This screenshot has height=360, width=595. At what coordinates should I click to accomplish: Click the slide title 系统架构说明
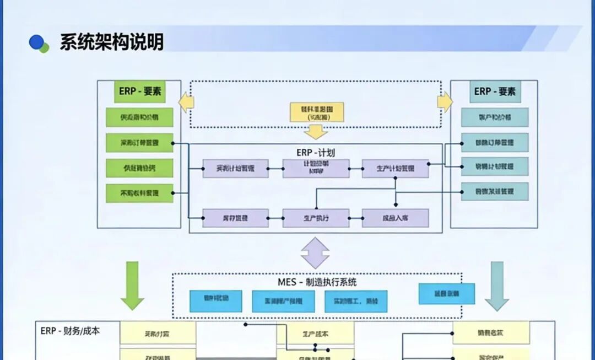coord(111,42)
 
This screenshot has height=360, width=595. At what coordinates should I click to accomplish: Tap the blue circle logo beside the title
coord(37,42)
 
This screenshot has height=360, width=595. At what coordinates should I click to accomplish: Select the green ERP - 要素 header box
coord(139,92)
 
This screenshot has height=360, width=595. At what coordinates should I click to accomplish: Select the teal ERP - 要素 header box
coord(495,92)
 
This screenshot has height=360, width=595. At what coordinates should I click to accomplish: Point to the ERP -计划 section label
coord(315,153)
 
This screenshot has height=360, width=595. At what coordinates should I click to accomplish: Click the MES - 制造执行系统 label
coord(317,282)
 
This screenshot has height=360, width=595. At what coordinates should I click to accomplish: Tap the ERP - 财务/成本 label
coord(70,331)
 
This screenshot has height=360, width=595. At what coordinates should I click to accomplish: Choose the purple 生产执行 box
coord(316,218)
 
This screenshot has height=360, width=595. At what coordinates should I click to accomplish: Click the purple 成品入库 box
coord(395,218)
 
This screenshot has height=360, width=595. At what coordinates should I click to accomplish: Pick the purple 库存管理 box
coord(236,218)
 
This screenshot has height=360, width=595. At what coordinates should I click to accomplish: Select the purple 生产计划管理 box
coord(395,168)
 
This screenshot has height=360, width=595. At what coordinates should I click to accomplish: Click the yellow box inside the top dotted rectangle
coord(317,112)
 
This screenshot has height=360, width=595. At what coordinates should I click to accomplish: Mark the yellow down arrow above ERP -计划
coord(316,132)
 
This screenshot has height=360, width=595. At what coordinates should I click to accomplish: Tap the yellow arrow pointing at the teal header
coord(444,102)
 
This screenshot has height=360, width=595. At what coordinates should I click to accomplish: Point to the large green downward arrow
coord(132,286)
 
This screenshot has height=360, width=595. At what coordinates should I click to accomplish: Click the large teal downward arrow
coord(497,286)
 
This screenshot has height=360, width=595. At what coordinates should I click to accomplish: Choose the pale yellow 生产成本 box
coord(315,334)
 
